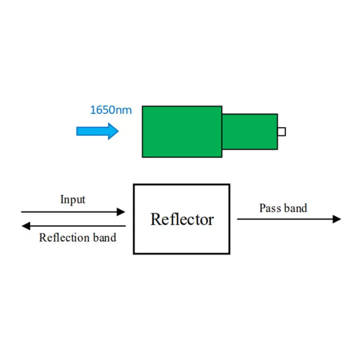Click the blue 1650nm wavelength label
pyautogui.click(x=111, y=110)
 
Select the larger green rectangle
pyautogui.click(x=182, y=131)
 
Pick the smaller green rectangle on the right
pyautogui.click(x=250, y=131)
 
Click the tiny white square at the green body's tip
pyautogui.click(x=282, y=131)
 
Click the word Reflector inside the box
pyautogui.click(x=182, y=219)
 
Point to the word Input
pyautogui.click(x=72, y=199)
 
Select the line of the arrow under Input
pyautogui.click(x=67, y=211)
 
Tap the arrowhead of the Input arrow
pyautogui.click(x=121, y=211)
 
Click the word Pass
pyautogui.click(x=269, y=208)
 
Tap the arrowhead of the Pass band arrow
pyautogui.click(x=337, y=219)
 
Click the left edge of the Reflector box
pyautogui.click(x=134, y=219)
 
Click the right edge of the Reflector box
pyautogui.click(x=229, y=219)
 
